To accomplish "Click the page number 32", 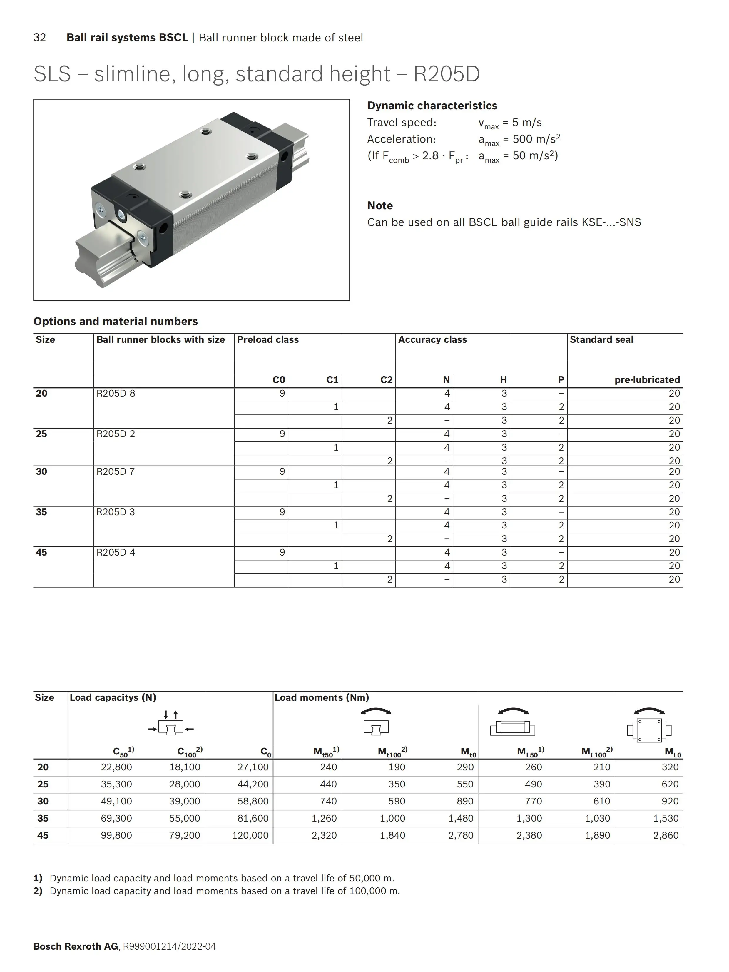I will pyautogui.click(x=40, y=38).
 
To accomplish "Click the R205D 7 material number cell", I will pyautogui.click(x=116, y=471).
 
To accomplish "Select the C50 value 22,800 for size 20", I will pyautogui.click(x=116, y=767).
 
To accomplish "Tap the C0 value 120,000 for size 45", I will pyautogui.click(x=250, y=835).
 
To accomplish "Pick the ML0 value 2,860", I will pyautogui.click(x=666, y=835).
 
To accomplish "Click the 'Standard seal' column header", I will pyautogui.click(x=601, y=340).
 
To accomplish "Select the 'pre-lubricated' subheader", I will pyautogui.click(x=647, y=380).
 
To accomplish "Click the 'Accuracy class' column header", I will pyautogui.click(x=432, y=340).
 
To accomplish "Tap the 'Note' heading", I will pyautogui.click(x=380, y=206).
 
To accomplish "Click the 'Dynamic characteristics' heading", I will pyautogui.click(x=432, y=106).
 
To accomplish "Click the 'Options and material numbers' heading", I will pyautogui.click(x=116, y=321).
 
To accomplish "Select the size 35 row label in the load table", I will pyautogui.click(x=43, y=818).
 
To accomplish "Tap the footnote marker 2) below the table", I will pyautogui.click(x=38, y=891).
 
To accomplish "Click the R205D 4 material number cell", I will pyautogui.click(x=116, y=552).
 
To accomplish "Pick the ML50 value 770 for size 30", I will pyautogui.click(x=533, y=801).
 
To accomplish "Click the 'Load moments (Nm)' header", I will pyautogui.click(x=322, y=697).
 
